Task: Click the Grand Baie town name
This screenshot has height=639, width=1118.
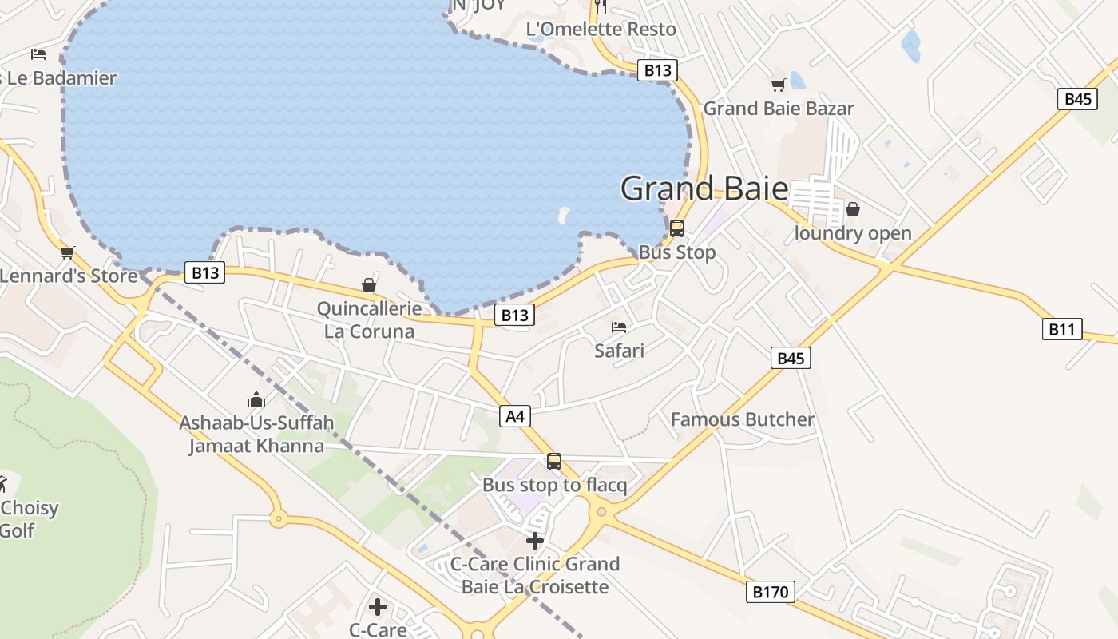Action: [704, 189]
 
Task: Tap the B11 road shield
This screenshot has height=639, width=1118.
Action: [1062, 328]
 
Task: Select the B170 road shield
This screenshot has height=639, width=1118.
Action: [771, 592]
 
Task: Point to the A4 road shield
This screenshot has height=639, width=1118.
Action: [515, 415]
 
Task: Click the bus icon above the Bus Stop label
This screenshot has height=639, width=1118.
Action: [677, 228]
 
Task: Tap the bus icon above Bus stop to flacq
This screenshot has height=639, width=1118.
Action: [554, 461]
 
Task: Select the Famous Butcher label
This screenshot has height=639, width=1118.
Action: [743, 419]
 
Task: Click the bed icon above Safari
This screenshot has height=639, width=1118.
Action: [619, 327]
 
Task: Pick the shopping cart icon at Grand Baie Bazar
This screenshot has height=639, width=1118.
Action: [778, 85]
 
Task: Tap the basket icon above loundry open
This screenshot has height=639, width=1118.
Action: [853, 209]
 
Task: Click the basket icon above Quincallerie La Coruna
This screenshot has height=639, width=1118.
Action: [369, 284]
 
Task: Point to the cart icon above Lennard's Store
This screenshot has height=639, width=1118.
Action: [68, 252]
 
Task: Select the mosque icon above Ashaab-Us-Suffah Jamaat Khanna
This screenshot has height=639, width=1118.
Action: [256, 399]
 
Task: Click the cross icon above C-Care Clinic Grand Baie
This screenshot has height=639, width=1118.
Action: [535, 541]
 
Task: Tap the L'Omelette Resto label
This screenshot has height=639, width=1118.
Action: [601, 30]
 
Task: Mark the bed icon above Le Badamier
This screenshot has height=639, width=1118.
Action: [38, 54]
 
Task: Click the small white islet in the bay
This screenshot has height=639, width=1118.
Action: [563, 214]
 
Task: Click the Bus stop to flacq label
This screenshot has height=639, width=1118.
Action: [554, 485]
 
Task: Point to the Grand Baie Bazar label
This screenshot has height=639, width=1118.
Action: [779, 109]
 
